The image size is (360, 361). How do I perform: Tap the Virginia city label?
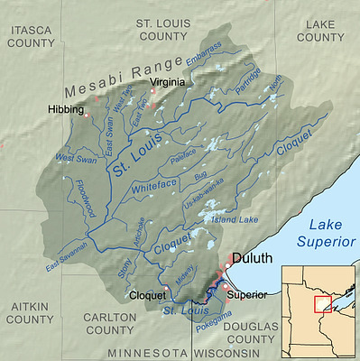click(168, 82)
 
